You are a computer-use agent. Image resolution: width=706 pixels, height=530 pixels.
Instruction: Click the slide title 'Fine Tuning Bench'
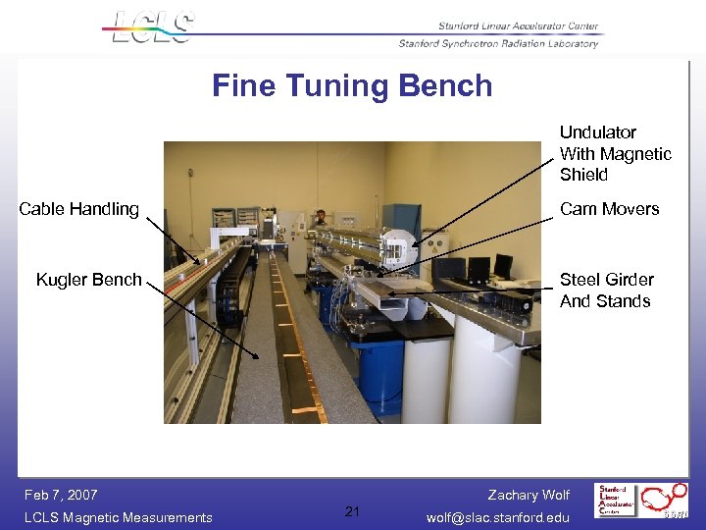(x=352, y=86)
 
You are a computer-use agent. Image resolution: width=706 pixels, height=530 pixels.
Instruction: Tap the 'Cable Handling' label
(x=79, y=209)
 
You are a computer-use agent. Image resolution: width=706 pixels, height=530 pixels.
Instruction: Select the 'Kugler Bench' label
(x=88, y=280)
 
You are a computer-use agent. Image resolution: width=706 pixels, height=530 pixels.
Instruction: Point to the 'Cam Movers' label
(x=609, y=209)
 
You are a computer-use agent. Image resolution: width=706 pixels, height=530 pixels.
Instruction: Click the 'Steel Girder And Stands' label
(x=605, y=291)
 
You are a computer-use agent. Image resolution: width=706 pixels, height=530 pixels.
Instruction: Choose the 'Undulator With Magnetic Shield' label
(x=615, y=153)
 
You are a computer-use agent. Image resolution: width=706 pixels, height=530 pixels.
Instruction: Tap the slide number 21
(x=353, y=510)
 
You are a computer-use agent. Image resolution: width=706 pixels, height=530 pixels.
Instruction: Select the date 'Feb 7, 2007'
(x=61, y=495)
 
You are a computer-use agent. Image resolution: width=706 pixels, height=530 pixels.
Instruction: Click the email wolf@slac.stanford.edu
(x=498, y=517)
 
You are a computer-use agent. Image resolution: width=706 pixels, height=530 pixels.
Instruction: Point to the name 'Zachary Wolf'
(x=529, y=495)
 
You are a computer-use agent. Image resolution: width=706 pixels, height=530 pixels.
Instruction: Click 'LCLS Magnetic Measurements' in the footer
(x=119, y=517)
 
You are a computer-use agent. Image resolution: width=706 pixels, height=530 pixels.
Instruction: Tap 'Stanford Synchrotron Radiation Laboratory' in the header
(x=498, y=43)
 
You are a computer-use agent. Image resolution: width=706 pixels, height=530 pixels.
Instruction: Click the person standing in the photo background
(x=320, y=218)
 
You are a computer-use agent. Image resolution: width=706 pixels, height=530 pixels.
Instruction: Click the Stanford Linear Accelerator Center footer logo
(x=619, y=500)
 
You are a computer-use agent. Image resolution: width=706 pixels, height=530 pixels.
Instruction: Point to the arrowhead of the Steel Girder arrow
(x=388, y=292)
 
